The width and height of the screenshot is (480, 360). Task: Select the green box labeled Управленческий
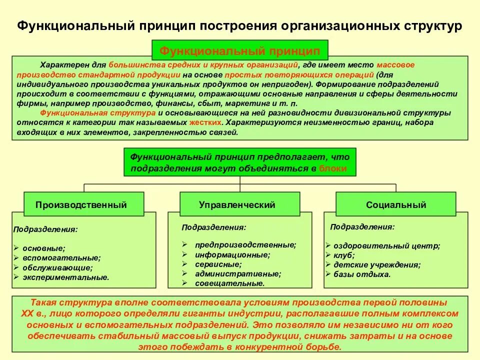237,204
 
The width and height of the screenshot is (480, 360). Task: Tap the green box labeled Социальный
396,204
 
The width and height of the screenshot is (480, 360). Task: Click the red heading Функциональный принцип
239,51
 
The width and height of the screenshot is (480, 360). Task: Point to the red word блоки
332,168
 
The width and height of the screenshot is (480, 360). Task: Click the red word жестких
205,122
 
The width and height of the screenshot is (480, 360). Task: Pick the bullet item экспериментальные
65,277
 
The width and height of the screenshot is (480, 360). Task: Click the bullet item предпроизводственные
245,245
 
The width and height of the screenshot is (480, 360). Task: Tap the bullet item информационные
232,254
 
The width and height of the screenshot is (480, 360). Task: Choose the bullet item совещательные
229,283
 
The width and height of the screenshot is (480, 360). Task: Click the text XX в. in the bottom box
33,313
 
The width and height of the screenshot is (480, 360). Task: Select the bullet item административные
238,273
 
